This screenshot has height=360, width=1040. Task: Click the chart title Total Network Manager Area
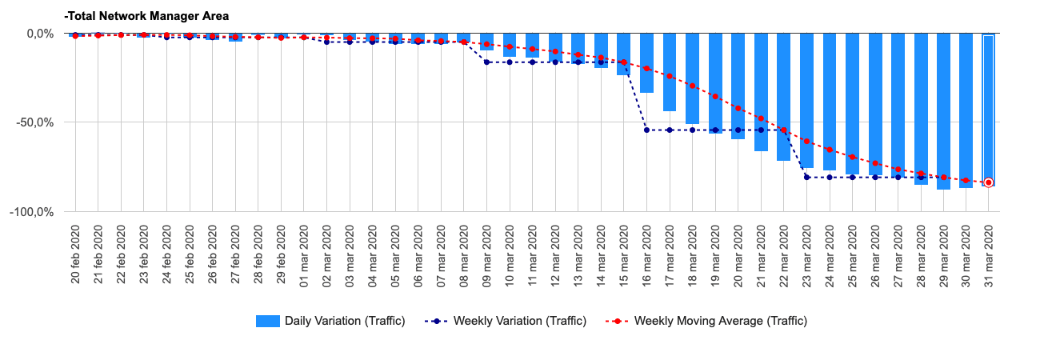[146, 15]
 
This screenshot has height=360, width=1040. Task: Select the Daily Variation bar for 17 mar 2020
[670, 72]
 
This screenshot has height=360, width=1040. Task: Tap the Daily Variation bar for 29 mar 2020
[943, 111]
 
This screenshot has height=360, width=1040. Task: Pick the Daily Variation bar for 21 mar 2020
[761, 92]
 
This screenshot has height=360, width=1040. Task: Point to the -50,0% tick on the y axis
[36, 122]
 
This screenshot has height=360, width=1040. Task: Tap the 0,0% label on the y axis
[39, 34]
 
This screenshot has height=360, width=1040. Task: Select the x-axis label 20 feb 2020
[75, 255]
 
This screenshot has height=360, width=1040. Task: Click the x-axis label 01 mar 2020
[303, 255]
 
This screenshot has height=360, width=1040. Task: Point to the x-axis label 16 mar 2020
[646, 255]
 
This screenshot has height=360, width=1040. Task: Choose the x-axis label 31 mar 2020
[989, 255]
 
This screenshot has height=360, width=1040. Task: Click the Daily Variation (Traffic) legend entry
[330, 321]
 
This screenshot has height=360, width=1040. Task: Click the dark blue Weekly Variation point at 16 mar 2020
[646, 130]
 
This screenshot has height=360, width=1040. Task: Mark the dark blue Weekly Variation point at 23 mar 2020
[806, 178]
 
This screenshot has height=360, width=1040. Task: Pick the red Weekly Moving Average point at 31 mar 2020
[989, 182]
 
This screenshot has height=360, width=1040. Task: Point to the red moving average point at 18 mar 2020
[692, 86]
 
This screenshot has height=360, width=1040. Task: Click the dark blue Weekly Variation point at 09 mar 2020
[486, 62]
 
